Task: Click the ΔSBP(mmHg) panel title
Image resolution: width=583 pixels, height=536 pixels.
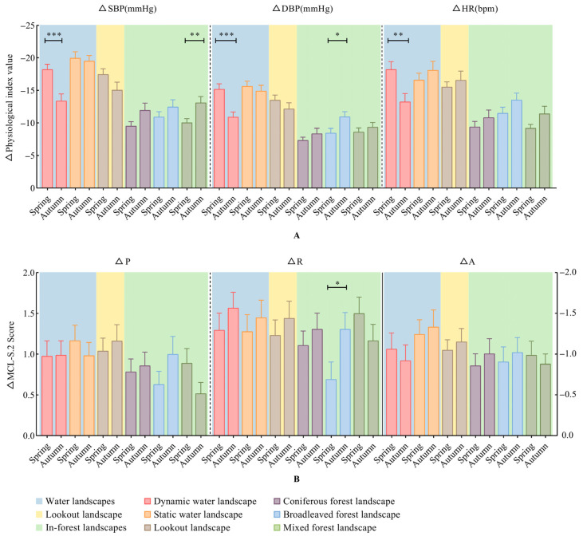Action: (x=128, y=9)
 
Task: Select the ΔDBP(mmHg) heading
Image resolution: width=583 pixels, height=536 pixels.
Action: (x=302, y=9)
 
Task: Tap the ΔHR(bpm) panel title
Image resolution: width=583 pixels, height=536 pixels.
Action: (x=475, y=9)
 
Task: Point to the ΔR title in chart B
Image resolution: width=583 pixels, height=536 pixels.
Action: (x=295, y=262)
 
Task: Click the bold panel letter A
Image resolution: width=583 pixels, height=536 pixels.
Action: (x=297, y=236)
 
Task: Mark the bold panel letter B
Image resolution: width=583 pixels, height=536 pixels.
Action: (x=297, y=479)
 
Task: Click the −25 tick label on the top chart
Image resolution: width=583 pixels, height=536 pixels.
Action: (x=28, y=26)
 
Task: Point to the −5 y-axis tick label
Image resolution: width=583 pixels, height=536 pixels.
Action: (x=30, y=156)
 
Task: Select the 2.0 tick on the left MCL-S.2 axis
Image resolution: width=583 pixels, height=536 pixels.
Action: (x=29, y=273)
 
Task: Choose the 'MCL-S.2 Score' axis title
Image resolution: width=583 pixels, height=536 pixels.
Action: (x=10, y=355)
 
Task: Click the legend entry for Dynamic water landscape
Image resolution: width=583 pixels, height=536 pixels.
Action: (x=200, y=502)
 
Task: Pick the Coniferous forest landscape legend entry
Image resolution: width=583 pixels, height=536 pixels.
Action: (x=334, y=502)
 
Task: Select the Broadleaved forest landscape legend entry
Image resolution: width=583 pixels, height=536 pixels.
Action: (x=337, y=514)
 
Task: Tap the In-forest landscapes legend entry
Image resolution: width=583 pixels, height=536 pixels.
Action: (x=81, y=527)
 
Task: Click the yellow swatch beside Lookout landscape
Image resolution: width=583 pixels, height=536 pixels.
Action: (x=39, y=514)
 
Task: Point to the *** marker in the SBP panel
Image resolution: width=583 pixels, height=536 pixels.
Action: (x=54, y=34)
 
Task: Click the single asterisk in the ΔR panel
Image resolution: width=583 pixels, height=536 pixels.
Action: (x=337, y=284)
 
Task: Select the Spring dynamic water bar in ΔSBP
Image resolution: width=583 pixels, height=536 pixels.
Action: (x=47, y=128)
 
